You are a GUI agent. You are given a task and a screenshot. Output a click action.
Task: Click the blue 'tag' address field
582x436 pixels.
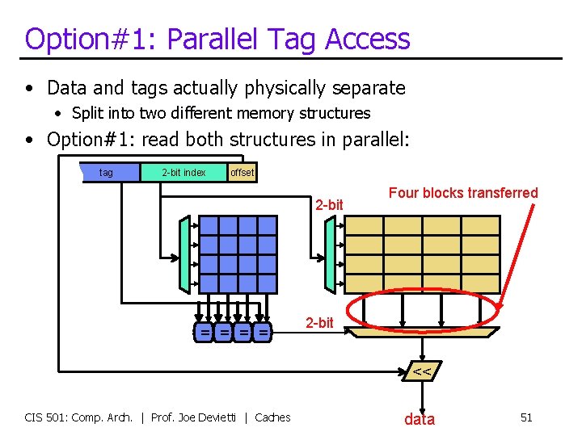(x=106, y=172)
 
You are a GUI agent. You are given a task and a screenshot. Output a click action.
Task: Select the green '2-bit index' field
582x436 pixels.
(x=183, y=172)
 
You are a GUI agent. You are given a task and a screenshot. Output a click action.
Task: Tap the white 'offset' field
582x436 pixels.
(x=242, y=172)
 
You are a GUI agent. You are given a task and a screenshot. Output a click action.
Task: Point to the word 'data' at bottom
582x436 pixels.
(x=420, y=418)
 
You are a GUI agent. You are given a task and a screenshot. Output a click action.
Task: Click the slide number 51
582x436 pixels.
(x=526, y=417)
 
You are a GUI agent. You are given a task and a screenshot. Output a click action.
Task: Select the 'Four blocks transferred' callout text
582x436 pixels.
(x=463, y=193)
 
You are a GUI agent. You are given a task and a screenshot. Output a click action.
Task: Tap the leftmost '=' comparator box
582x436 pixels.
(x=206, y=332)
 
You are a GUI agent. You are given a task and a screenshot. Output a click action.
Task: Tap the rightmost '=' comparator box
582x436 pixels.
(x=263, y=332)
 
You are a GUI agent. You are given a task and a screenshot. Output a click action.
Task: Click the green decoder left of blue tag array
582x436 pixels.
(x=184, y=253)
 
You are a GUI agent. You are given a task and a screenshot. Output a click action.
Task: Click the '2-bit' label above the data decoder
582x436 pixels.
(x=330, y=205)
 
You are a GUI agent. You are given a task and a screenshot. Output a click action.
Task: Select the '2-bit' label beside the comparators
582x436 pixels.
(x=319, y=323)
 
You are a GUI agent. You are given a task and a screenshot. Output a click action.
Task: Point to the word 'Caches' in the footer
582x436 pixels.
(x=272, y=417)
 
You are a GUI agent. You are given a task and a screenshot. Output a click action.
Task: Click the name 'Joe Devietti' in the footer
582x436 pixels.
(x=210, y=417)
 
